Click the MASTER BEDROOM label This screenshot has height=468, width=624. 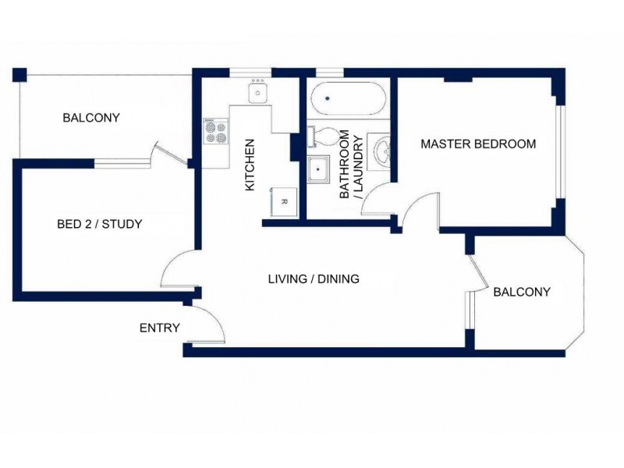478,144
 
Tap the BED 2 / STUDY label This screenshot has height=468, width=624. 100,224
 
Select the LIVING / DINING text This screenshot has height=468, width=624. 314,278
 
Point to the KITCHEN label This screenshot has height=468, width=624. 249,165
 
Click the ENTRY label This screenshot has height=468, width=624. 160,328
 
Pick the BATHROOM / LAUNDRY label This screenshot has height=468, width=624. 351,164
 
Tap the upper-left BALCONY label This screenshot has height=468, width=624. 91,118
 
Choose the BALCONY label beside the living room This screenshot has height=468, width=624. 522,292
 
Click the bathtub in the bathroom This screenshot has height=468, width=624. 349,98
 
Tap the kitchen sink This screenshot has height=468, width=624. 258,91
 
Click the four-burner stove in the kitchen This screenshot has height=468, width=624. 216,131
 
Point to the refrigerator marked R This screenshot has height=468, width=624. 284,202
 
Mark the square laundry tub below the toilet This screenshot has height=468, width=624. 318,169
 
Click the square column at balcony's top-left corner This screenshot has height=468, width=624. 19,75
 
